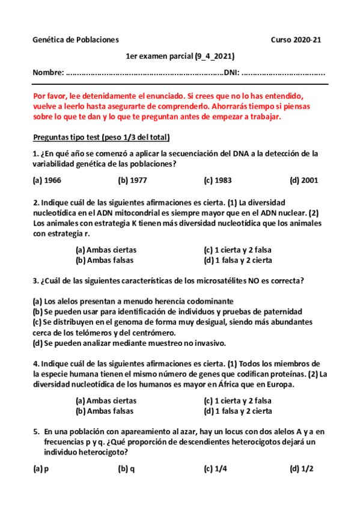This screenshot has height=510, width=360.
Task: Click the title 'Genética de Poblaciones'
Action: pos(76,40)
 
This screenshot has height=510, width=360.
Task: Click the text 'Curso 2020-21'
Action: pos(296,40)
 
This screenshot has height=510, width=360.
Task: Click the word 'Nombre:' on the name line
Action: pos(47,73)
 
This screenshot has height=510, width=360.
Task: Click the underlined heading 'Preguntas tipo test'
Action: pos(67,137)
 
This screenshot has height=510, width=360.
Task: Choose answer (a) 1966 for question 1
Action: pos(47,180)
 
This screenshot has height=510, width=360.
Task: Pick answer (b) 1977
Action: pos(132,180)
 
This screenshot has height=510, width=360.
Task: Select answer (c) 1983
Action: pos(218,180)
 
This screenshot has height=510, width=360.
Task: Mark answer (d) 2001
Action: pos(304,180)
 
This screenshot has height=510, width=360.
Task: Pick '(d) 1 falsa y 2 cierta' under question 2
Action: pos(238,260)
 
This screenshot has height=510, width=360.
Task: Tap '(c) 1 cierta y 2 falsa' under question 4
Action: pos(238,401)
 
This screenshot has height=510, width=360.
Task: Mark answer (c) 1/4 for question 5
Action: pos(215,469)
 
